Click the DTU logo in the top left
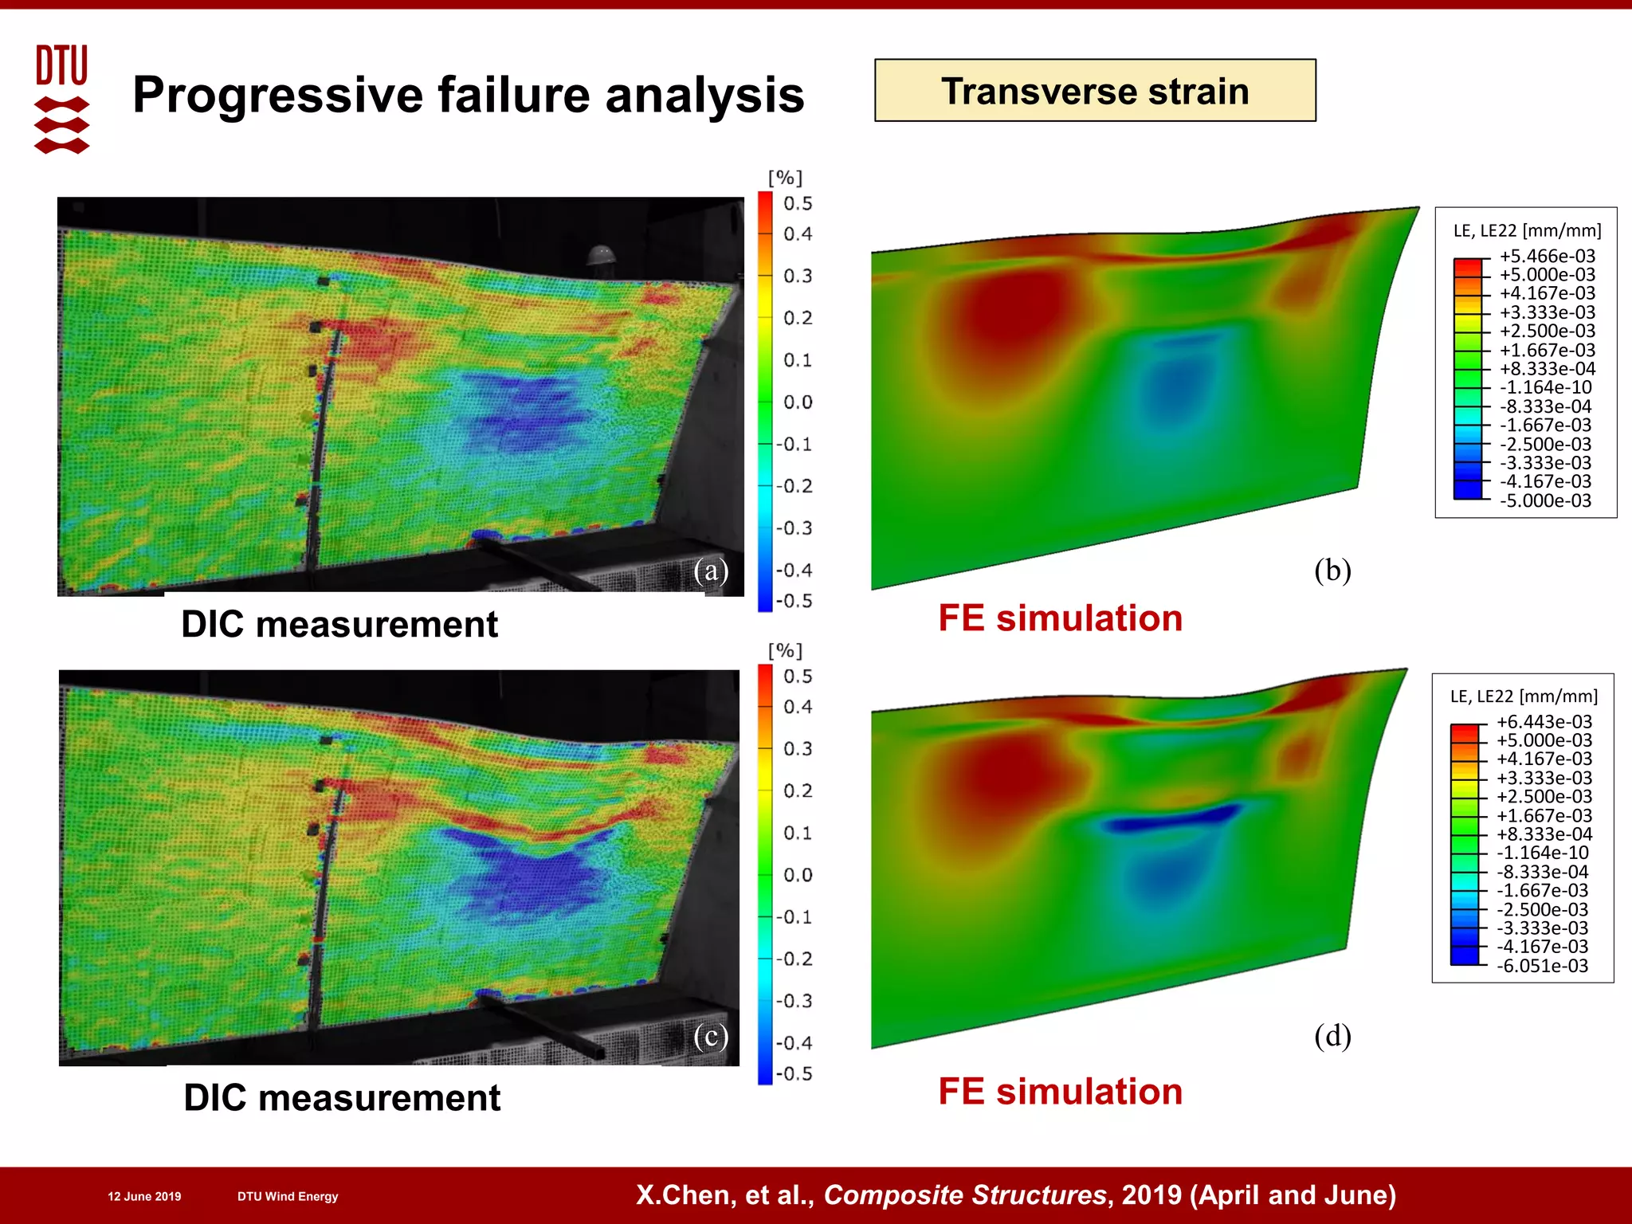point(61,97)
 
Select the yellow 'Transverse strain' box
point(1094,91)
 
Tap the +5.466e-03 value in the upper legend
point(1547,256)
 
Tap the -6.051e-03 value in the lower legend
point(1543,966)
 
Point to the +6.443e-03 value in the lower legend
point(1544,721)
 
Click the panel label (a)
point(710,570)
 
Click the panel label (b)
point(1332,570)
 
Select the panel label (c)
point(710,1035)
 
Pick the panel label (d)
point(1332,1035)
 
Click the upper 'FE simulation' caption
point(1060,618)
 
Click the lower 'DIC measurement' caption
point(342,1097)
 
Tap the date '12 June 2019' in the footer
point(144,1196)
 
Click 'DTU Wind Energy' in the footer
point(288,1196)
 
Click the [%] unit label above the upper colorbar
point(785,178)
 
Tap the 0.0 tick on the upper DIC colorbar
point(797,402)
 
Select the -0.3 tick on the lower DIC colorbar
point(795,1001)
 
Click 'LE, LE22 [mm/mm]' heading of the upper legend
point(1527,230)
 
